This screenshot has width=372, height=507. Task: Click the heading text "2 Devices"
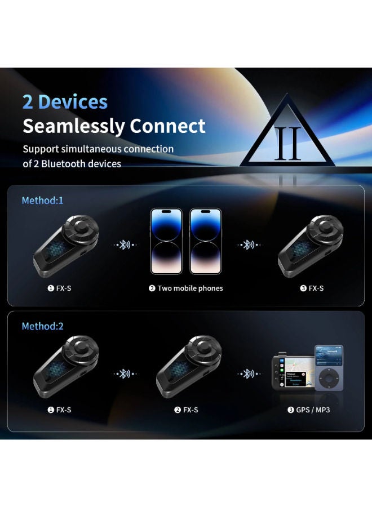click(x=65, y=102)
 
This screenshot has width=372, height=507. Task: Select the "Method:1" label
click(x=42, y=200)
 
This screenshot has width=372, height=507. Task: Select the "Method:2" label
click(x=42, y=326)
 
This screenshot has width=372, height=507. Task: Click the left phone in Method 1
click(x=166, y=241)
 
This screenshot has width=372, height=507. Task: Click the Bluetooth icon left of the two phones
click(x=124, y=245)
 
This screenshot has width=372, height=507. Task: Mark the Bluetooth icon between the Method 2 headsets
click(x=124, y=373)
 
